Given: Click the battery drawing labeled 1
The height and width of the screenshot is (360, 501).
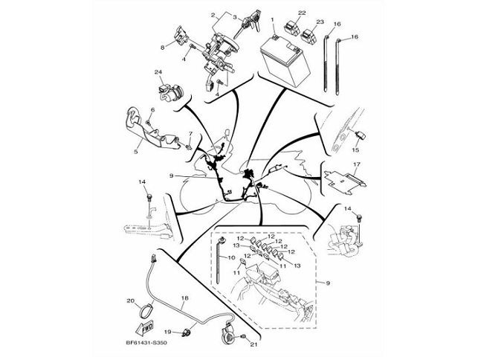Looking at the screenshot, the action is point(285,62).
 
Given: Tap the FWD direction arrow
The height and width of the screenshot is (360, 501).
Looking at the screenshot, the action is point(143,328).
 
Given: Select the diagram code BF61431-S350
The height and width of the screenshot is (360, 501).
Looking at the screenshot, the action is point(146,344).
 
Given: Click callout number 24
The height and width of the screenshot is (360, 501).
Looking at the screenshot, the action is point(158,72).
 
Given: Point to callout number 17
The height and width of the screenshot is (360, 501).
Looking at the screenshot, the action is point(357,164).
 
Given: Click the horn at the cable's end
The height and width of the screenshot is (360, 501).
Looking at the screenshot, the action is point(227,334).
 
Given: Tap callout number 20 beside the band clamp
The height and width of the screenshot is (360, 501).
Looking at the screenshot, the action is point(131,300).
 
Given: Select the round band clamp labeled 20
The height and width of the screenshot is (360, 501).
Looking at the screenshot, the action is point(146,311).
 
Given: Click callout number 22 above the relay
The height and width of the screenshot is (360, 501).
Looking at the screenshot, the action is point(302,13).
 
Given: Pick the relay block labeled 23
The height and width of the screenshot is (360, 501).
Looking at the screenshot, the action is point(309,36).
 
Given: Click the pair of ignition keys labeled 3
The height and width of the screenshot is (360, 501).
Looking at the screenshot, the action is point(248,23).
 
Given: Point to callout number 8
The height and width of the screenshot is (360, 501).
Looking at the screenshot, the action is point(163,48).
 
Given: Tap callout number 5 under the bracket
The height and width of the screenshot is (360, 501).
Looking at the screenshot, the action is point(136,152).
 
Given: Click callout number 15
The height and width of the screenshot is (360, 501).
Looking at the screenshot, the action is point(355,150).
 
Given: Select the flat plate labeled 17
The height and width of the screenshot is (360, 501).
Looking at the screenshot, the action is point(346,180).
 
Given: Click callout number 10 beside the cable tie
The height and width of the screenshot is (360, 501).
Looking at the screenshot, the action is point(231,257).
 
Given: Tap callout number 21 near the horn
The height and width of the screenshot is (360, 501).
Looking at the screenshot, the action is point(253,344).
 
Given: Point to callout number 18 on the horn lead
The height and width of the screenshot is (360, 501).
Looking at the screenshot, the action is point(184,298).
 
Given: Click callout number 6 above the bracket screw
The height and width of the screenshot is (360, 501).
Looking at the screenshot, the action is point(152,110).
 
